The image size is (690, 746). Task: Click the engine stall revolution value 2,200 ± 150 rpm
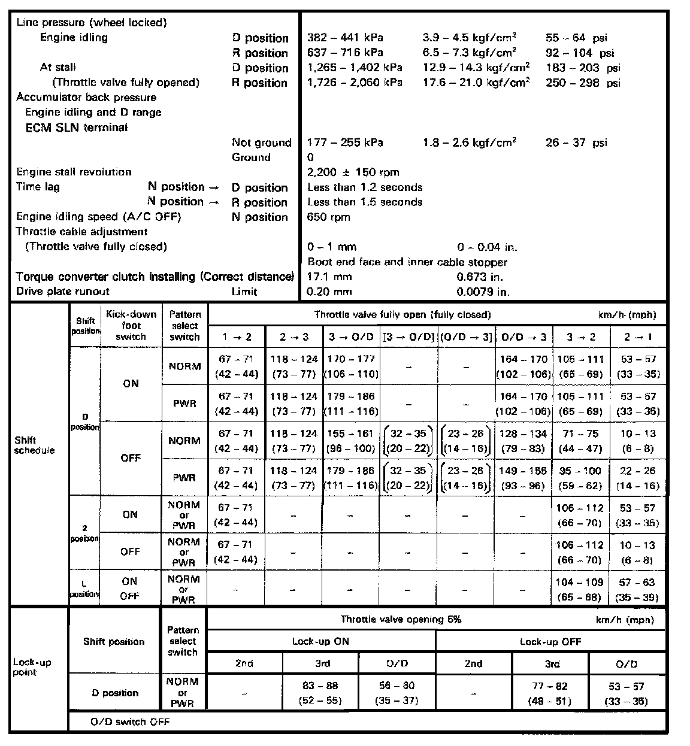pos(353,172)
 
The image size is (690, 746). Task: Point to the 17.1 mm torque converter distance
pos(329,277)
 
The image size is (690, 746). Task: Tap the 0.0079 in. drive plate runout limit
pos(483,292)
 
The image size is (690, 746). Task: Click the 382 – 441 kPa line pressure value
pos(345,38)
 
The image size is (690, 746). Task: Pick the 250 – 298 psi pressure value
pos(583,83)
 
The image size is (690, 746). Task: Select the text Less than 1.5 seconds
pos(365,202)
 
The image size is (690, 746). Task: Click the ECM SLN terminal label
pos(77,127)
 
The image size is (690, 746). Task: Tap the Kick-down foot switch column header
pos(131,325)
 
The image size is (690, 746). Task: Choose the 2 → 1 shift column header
pos(637,337)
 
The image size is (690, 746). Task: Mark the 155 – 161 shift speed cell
pos(351,441)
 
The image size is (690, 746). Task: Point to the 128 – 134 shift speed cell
pos(523,441)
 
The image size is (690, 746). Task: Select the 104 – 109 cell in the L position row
pos(580,589)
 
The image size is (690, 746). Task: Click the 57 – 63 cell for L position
pos(637,589)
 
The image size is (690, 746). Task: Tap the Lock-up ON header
pos(320,641)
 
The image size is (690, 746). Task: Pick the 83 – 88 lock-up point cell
pos(320,693)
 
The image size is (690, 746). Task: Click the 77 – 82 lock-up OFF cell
pos(550,693)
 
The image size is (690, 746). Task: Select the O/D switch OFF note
pos(130,721)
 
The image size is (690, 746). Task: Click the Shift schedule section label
pos(34,445)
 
